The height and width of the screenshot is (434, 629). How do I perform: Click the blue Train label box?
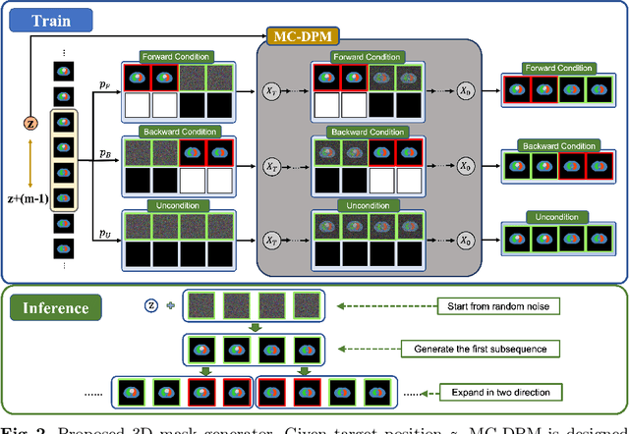pos(49,19)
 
